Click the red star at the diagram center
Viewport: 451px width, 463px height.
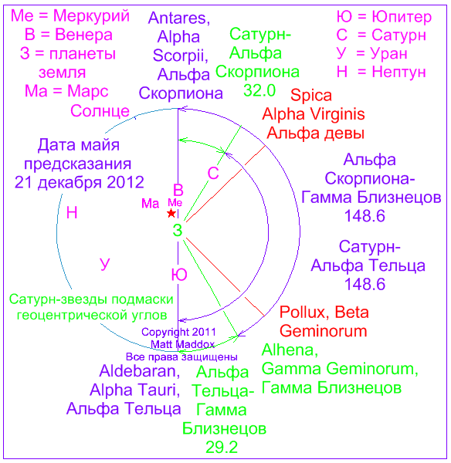171,213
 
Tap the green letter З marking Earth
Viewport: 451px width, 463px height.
178,230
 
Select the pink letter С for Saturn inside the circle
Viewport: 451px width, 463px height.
213,174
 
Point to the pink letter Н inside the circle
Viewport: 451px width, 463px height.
72,213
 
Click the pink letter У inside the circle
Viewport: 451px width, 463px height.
104,264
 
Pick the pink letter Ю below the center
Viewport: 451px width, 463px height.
179,275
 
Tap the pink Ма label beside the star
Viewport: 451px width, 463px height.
150,204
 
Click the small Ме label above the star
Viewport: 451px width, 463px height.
175,202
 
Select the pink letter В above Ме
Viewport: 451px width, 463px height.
178,190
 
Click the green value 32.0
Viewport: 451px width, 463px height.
259,90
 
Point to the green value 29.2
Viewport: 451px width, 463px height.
222,448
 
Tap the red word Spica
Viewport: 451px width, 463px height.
311,96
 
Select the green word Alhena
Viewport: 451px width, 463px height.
290,350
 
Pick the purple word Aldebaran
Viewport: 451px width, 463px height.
140,371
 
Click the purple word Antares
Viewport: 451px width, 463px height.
179,19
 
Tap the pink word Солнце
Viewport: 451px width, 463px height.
100,111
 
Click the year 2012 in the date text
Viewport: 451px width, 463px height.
125,182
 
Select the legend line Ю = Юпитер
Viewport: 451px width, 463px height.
384,17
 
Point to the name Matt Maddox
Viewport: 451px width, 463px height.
183,344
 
